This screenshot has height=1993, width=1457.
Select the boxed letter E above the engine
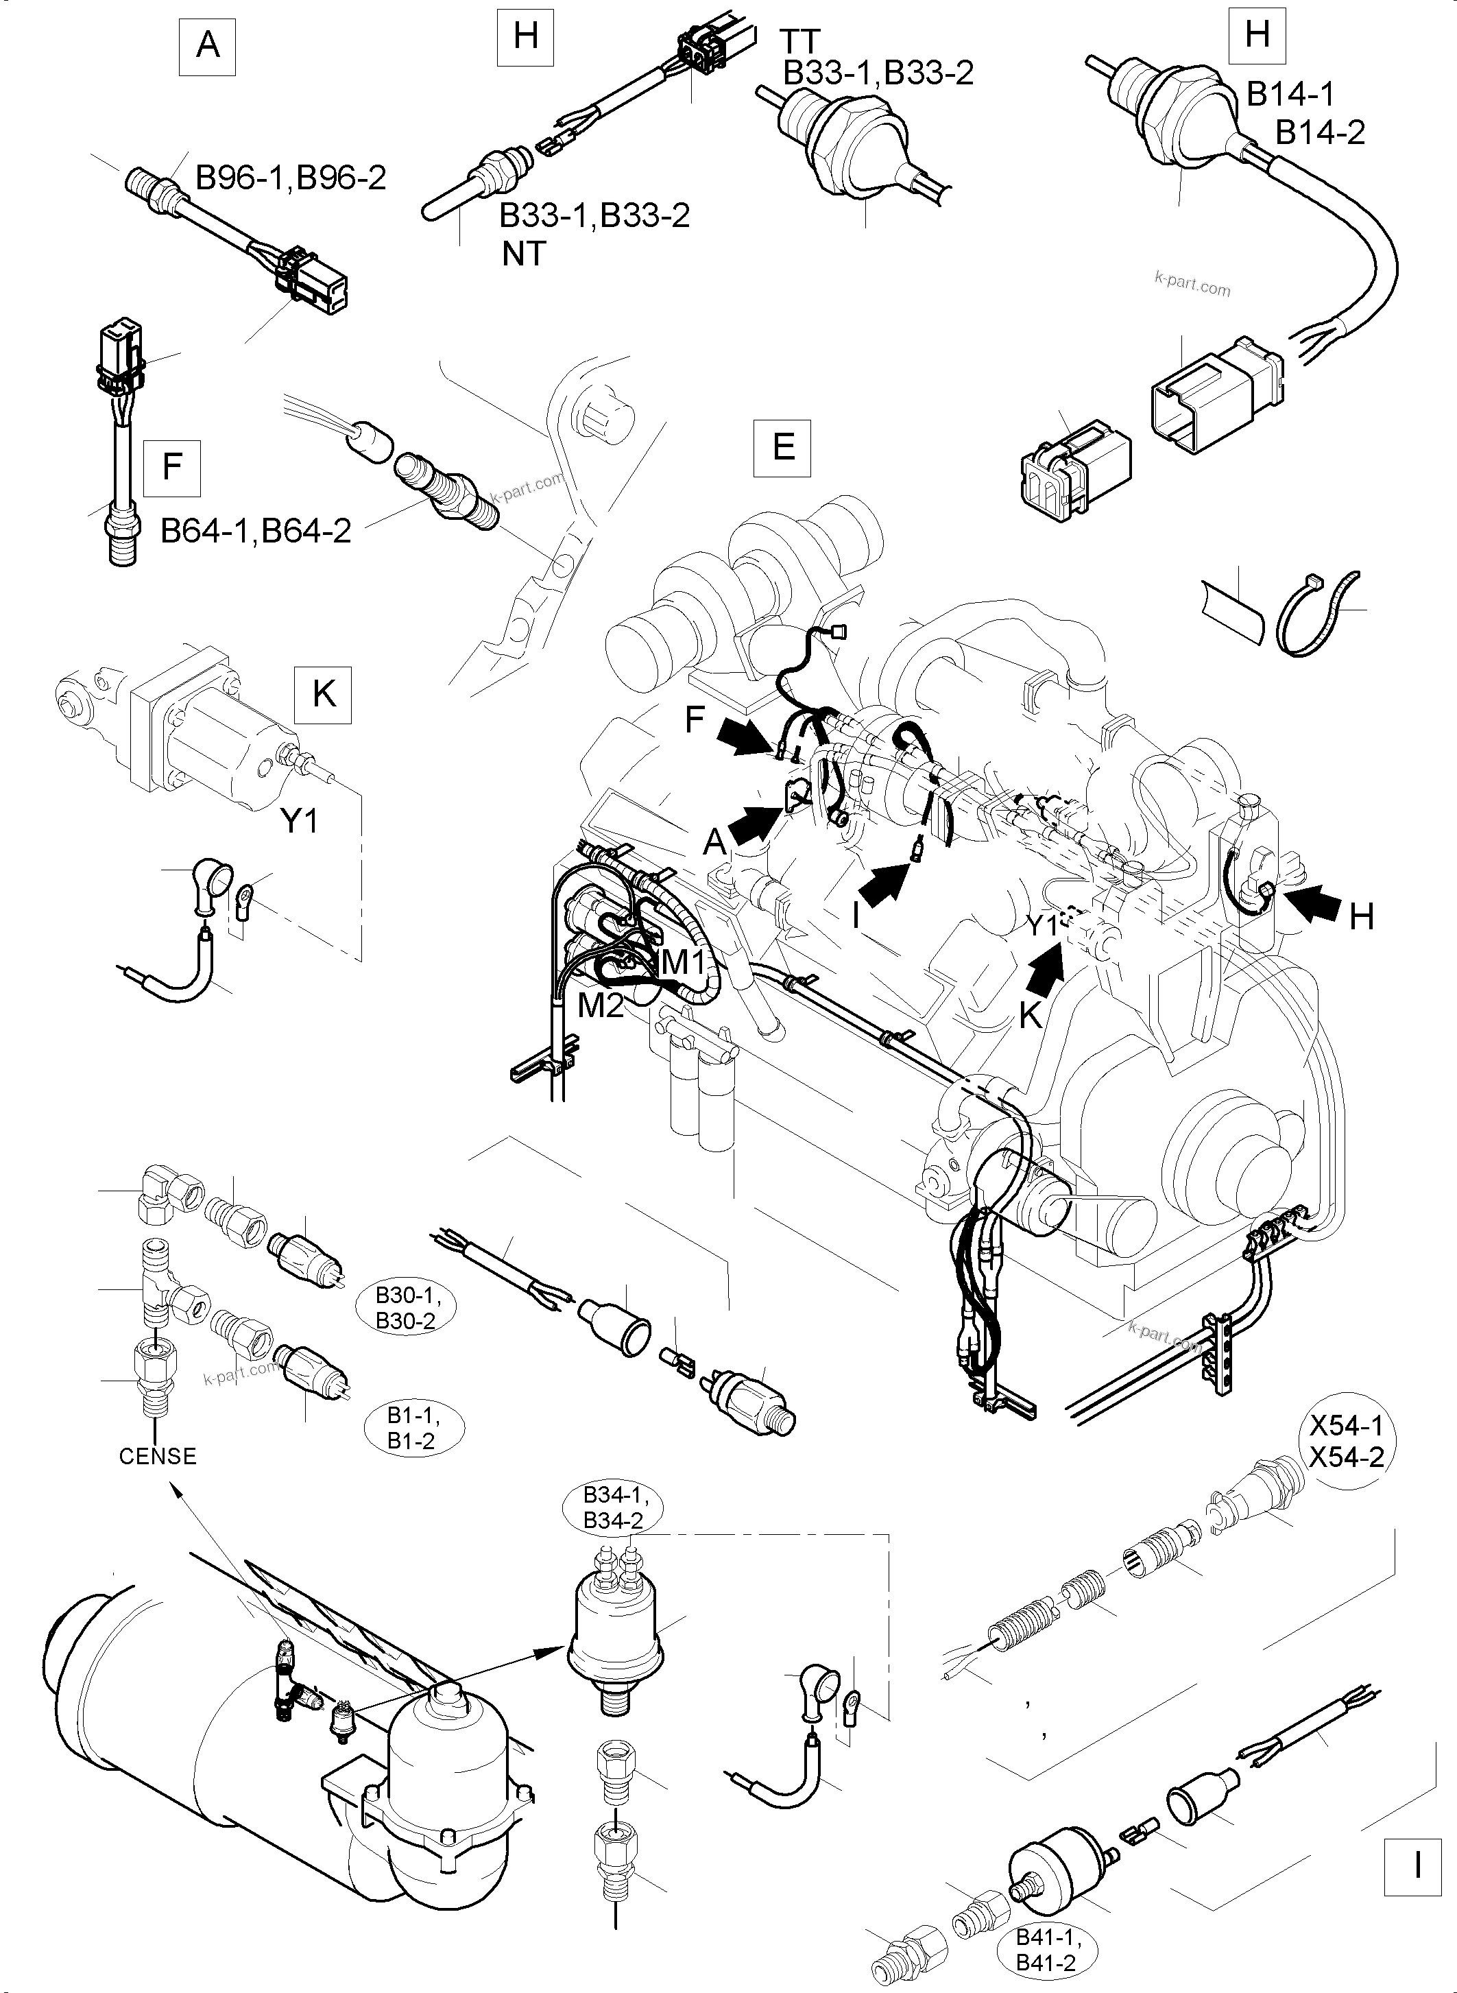pos(783,447)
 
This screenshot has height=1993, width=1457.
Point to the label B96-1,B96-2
pos(290,178)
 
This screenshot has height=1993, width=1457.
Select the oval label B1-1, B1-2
pos(413,1429)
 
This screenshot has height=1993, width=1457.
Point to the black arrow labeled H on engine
pos(1309,906)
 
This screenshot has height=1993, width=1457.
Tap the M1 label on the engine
pos(684,962)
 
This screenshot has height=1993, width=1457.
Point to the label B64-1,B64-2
pos(256,530)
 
